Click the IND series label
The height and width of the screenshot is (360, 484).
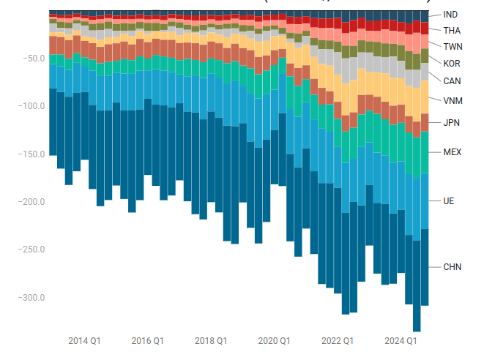tap(451, 15)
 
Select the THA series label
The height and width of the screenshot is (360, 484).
tap(453, 31)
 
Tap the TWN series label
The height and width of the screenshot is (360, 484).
tap(453, 47)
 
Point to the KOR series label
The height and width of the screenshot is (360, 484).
tap(452, 63)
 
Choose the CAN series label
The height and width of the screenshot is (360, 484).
tap(452, 80)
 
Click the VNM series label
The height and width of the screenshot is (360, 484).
tap(453, 100)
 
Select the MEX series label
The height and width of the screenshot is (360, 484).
tap(453, 152)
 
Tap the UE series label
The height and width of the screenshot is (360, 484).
tap(449, 200)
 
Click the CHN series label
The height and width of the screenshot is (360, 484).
tap(453, 267)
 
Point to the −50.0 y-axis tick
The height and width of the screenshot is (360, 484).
tap(33, 59)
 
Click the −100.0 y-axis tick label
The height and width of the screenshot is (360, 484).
tap(31, 106)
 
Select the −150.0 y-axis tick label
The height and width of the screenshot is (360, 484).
tap(31, 154)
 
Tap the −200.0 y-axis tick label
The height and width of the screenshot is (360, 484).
tap(31, 202)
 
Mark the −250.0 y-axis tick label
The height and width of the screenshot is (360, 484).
tap(31, 250)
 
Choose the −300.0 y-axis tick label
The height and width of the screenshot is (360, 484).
tap(31, 298)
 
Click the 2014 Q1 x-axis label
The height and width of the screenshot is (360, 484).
tap(84, 341)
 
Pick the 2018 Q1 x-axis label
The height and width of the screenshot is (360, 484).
tap(211, 341)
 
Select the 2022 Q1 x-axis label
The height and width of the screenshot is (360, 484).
tap(338, 341)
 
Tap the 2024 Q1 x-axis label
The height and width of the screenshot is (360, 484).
tap(401, 341)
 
